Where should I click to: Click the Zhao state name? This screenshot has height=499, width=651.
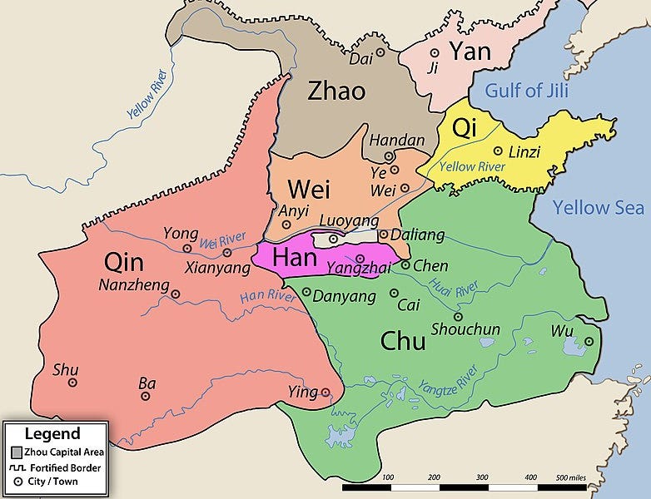[x=336, y=90]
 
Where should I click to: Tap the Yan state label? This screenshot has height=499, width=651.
[x=470, y=51]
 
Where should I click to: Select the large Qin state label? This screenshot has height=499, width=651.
[x=124, y=263]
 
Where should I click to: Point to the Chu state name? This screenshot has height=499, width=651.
[x=403, y=340]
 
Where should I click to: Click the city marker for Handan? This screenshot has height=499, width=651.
[x=389, y=156]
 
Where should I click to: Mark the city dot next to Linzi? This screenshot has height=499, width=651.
[x=498, y=151]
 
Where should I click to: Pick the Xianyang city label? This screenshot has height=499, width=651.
[x=220, y=269]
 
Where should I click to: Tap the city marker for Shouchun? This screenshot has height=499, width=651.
[x=458, y=316]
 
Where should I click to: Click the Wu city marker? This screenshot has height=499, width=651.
[x=589, y=341]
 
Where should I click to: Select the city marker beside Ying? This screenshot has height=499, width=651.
[x=325, y=393]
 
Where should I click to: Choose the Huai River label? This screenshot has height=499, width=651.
[x=454, y=288]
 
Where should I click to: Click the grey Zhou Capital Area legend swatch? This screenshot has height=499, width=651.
[x=17, y=452]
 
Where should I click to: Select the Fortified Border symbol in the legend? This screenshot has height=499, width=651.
[x=17, y=467]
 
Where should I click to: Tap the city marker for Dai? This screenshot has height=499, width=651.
[x=380, y=52]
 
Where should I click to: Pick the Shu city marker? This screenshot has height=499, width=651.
[x=72, y=383]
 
